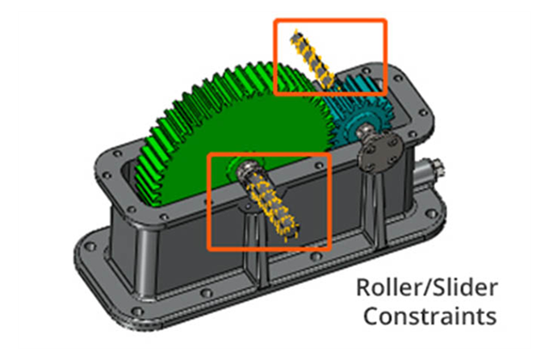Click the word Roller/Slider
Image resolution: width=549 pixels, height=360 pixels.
tap(427, 288)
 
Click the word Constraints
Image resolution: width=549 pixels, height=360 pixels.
tap(430, 316)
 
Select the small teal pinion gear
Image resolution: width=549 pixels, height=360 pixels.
tap(361, 112)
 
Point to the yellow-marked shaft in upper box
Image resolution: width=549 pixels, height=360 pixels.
tap(312, 59)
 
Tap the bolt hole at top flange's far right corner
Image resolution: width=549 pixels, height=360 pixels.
tap(398, 77)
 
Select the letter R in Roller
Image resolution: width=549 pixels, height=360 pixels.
tap(364, 287)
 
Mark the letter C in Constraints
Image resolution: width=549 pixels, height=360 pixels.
tap(372, 316)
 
